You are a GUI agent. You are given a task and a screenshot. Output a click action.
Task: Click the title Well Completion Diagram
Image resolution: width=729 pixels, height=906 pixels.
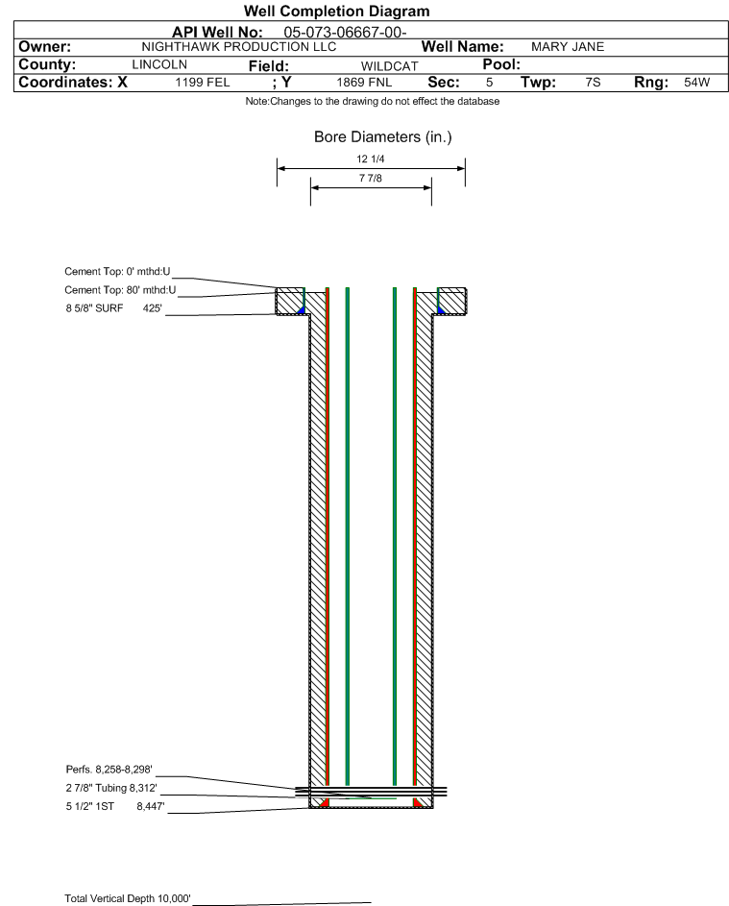click(337, 11)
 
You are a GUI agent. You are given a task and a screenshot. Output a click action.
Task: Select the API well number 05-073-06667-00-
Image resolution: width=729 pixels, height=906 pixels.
click(345, 33)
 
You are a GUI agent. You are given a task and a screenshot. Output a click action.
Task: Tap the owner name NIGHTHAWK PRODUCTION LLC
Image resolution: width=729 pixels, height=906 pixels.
click(238, 47)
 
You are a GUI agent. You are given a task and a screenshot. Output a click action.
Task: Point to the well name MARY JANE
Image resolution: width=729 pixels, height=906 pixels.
click(568, 47)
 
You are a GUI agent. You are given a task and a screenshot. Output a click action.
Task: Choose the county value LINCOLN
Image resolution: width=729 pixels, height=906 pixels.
click(159, 64)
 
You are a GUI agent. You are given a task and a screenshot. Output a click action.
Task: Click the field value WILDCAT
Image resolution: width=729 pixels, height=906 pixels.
click(389, 66)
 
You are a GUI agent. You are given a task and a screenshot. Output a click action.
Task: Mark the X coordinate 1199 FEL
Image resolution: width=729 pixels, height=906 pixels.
click(202, 83)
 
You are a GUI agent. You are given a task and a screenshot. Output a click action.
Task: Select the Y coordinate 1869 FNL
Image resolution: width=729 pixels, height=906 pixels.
click(364, 83)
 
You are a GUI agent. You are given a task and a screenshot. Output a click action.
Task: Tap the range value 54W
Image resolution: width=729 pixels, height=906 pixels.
click(696, 83)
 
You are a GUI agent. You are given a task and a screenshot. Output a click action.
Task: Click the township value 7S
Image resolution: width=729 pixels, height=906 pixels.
click(593, 83)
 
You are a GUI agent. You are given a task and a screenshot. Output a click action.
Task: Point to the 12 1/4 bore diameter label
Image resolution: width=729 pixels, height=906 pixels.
click(371, 159)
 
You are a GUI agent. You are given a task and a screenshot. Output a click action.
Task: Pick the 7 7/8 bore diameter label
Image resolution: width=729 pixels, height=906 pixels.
click(371, 179)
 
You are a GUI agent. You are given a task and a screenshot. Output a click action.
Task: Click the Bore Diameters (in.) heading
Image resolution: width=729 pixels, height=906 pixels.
click(383, 137)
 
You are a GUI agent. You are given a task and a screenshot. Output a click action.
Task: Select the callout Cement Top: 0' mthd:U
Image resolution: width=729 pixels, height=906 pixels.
click(117, 272)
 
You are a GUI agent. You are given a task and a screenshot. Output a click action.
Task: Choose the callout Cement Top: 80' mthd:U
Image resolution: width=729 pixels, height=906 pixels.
click(120, 290)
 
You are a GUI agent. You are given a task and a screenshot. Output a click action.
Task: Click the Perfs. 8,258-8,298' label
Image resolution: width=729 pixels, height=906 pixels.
click(109, 770)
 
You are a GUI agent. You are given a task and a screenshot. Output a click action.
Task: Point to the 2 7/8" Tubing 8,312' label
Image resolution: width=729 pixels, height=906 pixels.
click(111, 788)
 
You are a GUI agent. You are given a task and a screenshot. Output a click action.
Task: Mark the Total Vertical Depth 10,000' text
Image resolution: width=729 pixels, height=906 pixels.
click(128, 898)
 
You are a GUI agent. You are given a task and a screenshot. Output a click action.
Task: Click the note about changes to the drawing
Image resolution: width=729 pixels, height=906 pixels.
click(373, 102)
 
